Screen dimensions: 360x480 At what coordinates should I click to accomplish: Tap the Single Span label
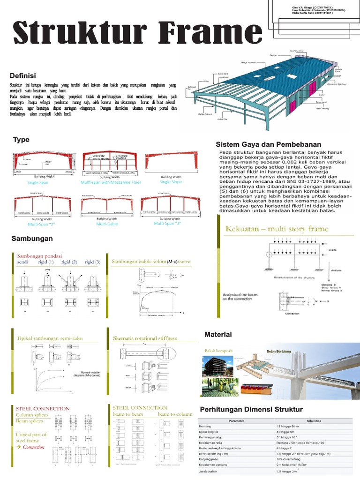(x=37, y=182)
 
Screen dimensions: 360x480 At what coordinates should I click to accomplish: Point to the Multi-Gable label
(x=108, y=224)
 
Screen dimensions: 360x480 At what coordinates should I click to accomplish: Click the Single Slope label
(x=171, y=182)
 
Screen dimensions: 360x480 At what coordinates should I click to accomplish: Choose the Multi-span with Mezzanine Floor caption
(x=110, y=182)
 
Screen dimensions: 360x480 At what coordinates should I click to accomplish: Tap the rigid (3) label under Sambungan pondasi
(x=92, y=262)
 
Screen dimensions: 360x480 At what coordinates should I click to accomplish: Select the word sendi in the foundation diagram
(x=23, y=262)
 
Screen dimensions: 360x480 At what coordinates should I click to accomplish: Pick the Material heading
(x=218, y=334)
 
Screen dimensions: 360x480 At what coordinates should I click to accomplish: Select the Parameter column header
(x=236, y=421)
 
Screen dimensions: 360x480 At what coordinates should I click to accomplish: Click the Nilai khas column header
(x=313, y=421)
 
